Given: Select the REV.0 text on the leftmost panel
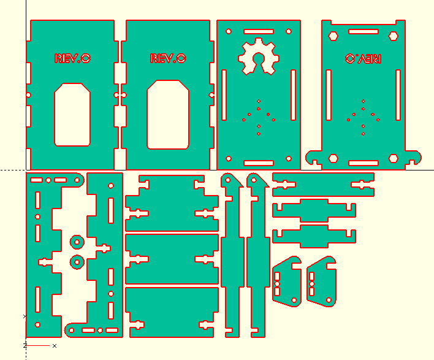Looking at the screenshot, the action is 72,58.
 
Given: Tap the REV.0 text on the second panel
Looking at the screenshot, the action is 168,58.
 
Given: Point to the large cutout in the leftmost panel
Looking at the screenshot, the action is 73,115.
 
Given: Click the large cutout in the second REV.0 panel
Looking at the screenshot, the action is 168,115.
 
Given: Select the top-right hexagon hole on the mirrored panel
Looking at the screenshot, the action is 394,36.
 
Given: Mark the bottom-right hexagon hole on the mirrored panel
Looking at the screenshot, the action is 394,158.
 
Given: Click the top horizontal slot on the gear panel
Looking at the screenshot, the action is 259,31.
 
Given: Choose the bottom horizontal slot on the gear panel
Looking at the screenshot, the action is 259,163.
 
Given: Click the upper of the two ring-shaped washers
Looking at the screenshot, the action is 77,241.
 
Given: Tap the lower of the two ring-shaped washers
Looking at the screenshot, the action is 77,262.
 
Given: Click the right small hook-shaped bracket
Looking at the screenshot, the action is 321,281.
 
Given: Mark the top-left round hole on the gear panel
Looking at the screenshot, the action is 229,30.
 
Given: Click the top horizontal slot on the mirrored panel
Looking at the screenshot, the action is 364,31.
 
